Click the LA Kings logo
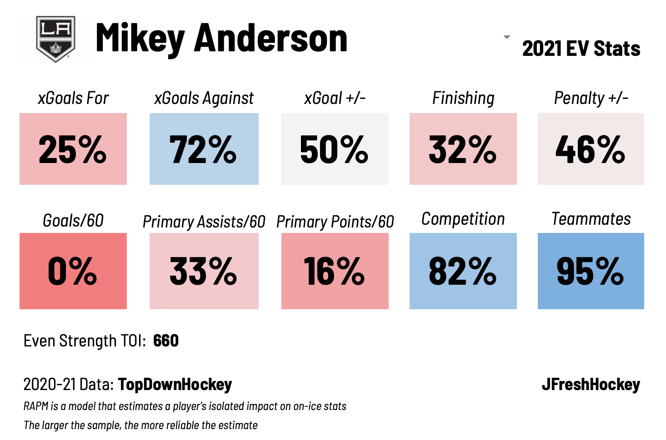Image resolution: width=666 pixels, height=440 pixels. click(55, 39)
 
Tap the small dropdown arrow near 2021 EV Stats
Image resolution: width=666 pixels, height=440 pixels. click(507, 37)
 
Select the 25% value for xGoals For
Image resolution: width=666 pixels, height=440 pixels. click(73, 149)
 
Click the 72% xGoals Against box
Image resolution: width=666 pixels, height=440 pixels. click(204, 149)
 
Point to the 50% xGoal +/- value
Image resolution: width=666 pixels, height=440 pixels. click(335, 149)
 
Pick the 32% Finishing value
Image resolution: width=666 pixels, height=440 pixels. click(463, 149)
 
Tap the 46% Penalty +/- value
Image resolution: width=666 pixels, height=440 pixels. click(591, 149)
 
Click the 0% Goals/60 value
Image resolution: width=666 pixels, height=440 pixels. click(73, 271)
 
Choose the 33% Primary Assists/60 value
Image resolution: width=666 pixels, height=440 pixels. click(204, 271)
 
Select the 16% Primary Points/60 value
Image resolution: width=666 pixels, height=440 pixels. click(335, 271)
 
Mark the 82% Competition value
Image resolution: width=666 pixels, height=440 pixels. click(463, 271)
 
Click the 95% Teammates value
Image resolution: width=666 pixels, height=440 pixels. click(591, 271)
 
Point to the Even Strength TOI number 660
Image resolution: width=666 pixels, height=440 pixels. click(166, 341)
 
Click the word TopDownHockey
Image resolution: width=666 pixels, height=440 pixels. click(175, 385)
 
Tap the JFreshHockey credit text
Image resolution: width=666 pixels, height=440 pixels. click(591, 385)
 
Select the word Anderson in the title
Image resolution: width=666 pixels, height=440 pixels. click(271, 39)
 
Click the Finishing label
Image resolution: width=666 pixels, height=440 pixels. click(463, 98)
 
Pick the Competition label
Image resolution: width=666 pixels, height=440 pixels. click(463, 219)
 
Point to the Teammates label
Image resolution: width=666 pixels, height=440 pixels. click(591, 219)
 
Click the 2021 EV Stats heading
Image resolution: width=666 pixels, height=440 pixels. click(581, 49)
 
